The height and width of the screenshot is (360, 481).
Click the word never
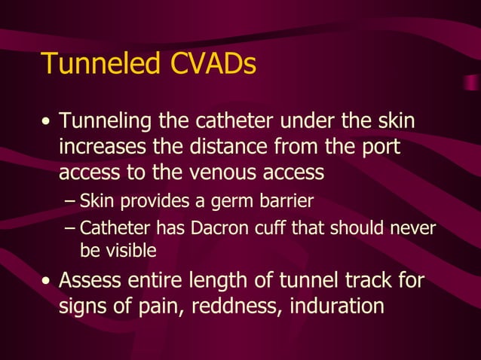click(x=413, y=227)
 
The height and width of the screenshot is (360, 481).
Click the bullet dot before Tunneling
click(x=47, y=122)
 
